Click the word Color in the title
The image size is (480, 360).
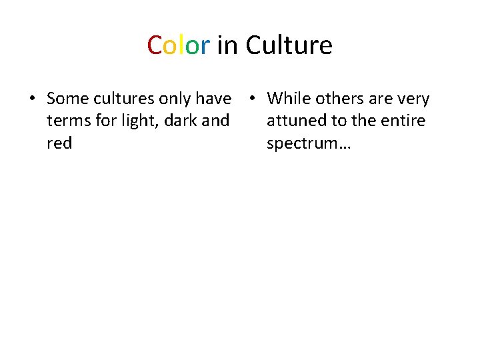179,45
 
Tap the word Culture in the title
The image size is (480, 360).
289,45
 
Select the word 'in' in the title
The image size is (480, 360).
227,45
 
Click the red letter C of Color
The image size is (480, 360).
154,45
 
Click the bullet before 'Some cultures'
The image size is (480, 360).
32,99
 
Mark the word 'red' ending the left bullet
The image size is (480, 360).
59,143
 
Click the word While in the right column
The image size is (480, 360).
289,99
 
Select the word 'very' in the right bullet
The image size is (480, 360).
413,99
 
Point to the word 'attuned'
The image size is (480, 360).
293,121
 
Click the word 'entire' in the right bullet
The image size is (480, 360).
403,121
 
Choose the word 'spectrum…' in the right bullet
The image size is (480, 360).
309,143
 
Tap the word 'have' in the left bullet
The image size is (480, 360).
214,99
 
